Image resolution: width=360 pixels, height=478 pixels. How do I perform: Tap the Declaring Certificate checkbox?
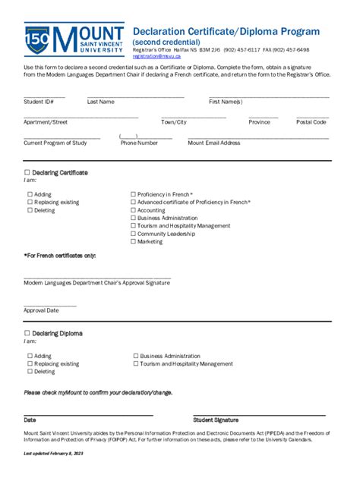point(27,173)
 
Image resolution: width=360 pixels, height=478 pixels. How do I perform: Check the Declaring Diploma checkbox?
point(27,333)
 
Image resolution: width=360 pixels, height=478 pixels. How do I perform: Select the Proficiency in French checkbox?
point(134,195)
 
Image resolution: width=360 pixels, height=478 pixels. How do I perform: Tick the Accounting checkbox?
point(134,210)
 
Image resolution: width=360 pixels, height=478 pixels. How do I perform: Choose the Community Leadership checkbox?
point(134,234)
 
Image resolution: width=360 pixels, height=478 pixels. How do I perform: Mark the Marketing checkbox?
point(134,242)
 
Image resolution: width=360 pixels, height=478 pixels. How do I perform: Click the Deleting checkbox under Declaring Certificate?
point(30,210)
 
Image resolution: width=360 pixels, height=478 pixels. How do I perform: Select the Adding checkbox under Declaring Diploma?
point(30,356)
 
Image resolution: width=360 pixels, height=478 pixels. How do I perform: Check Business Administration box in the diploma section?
point(136,356)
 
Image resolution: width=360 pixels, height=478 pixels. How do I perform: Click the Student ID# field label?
point(39,101)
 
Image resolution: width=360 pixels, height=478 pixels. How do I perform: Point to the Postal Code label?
point(311,121)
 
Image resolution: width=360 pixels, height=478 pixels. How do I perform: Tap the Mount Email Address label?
point(214,143)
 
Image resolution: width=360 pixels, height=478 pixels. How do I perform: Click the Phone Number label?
point(139,143)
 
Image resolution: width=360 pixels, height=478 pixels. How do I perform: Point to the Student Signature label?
point(216,420)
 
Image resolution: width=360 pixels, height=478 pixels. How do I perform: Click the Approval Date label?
point(41,310)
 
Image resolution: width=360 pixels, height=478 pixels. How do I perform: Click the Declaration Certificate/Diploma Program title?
point(226,31)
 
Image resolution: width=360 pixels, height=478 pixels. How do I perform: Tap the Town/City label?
point(174,121)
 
